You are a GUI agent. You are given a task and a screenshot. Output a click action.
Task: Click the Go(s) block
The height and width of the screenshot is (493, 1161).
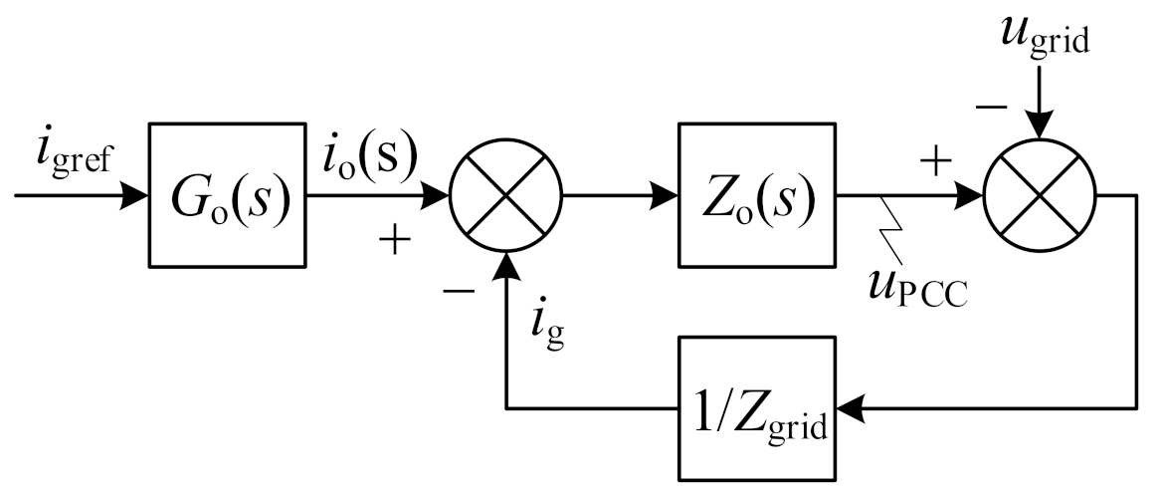(226, 195)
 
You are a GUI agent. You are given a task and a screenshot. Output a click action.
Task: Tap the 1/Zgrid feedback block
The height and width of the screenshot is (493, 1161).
(755, 407)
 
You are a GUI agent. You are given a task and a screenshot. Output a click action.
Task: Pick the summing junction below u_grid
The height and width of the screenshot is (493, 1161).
(1039, 195)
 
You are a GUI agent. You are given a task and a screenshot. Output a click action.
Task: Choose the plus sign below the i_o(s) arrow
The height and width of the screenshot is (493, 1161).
(396, 241)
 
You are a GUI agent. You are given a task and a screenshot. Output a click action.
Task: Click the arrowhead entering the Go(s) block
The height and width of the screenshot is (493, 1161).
(136, 195)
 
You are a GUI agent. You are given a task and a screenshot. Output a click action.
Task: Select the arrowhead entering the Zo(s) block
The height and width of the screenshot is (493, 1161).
(666, 195)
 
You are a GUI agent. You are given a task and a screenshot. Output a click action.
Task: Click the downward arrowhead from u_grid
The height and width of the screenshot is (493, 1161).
(1039, 126)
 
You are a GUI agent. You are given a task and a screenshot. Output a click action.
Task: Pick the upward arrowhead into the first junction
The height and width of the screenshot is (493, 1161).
(507, 264)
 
